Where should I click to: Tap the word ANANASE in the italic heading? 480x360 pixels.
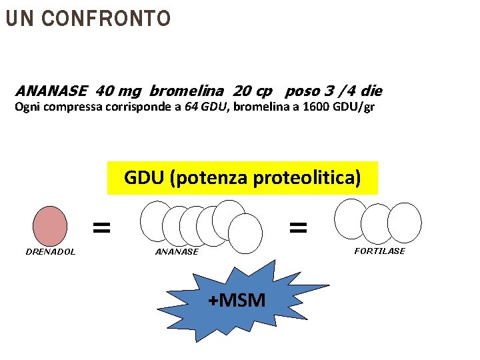[51, 91]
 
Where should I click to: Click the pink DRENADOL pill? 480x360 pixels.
[50, 226]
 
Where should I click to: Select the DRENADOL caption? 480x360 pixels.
[50, 251]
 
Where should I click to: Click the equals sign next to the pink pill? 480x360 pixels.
[101, 228]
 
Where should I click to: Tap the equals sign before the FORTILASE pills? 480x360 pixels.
[298, 228]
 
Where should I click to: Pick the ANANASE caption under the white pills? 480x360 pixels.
[177, 251]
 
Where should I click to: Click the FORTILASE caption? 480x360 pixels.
[379, 251]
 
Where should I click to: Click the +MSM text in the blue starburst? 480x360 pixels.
[237, 301]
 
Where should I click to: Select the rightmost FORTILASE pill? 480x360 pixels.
[405, 222]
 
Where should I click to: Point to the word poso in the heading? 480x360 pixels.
[303, 91]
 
